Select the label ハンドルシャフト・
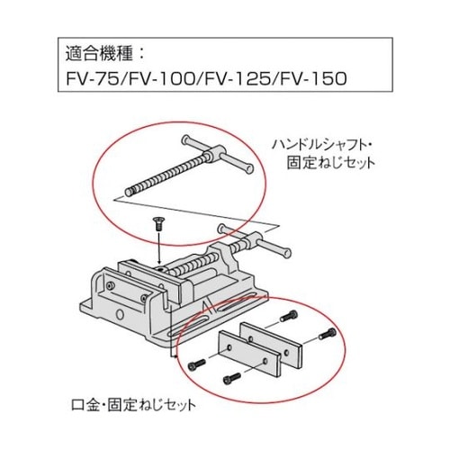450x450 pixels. [323, 143]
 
